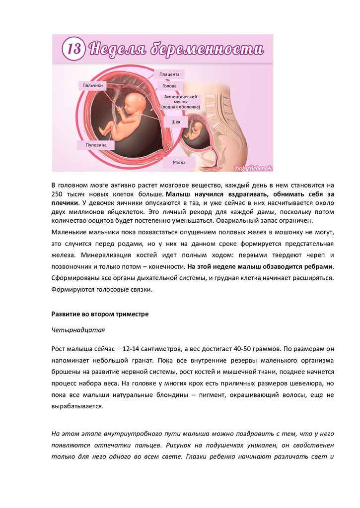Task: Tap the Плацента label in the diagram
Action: point(169,74)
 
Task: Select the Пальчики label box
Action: point(92,85)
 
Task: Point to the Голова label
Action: point(169,86)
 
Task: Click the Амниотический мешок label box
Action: point(181,102)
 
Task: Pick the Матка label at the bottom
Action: point(179,162)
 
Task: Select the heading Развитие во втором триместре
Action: point(100,315)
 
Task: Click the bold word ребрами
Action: point(319,266)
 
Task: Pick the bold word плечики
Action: point(65,203)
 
